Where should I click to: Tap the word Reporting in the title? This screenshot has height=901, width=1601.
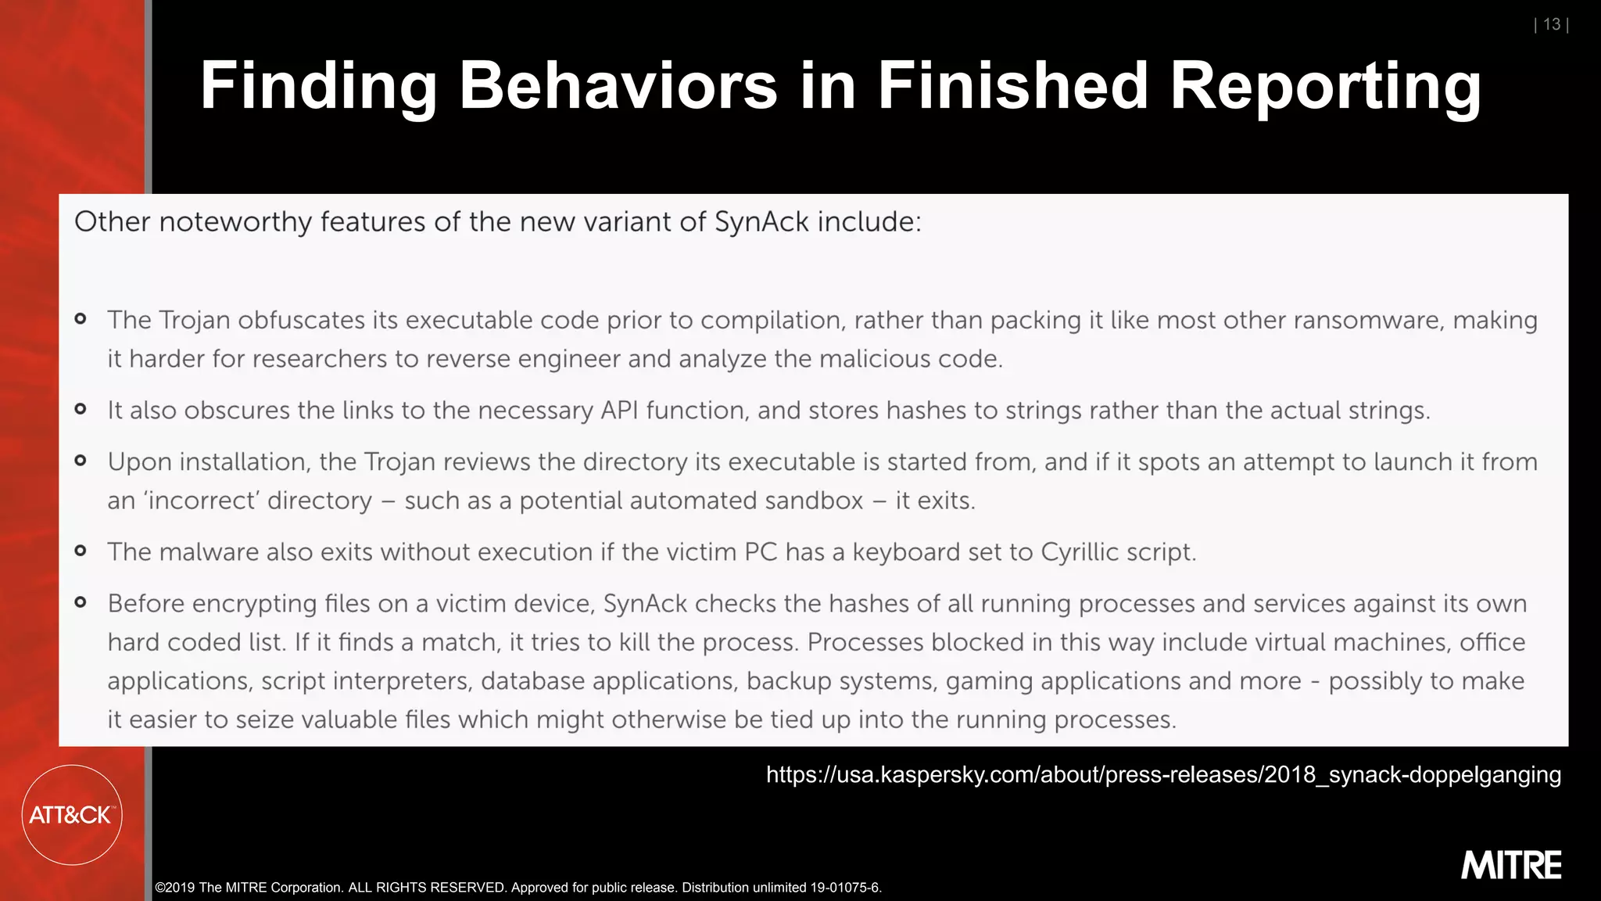click(1324, 88)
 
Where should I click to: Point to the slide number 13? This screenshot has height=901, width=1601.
click(1552, 24)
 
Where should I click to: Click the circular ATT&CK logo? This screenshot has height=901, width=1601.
click(71, 815)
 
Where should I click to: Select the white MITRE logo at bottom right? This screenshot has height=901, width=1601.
click(1511, 865)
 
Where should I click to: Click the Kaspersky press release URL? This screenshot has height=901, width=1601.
click(1163, 774)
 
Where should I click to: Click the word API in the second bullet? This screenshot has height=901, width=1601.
click(619, 411)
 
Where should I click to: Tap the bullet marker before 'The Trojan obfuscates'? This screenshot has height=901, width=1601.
click(81, 318)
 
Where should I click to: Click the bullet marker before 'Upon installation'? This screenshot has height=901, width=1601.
click(81, 461)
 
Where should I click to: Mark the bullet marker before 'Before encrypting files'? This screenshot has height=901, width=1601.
click(81, 602)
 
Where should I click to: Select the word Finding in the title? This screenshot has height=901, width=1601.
click(318, 88)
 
